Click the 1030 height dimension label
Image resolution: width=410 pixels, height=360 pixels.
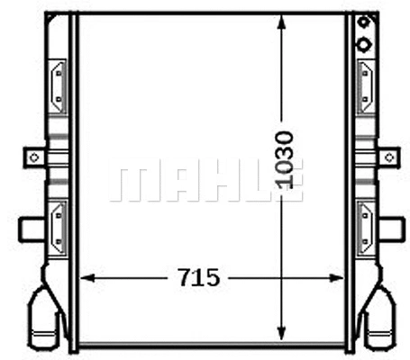pyautogui.click(x=285, y=159)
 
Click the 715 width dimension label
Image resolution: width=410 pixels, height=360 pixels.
pyautogui.click(x=197, y=277)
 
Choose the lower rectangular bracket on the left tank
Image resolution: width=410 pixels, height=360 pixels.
pyautogui.click(x=57, y=224)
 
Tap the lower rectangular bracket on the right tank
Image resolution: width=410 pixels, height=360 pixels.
pyautogui.click(x=367, y=224)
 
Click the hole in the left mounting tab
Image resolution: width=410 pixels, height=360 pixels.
pyautogui.click(x=34, y=157)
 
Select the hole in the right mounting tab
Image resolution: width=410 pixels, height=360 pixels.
pyautogui.click(x=388, y=157)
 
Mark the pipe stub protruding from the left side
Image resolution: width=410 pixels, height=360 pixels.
pyautogui.click(x=31, y=229)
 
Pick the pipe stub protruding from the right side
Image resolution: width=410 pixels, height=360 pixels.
pyautogui.click(x=391, y=229)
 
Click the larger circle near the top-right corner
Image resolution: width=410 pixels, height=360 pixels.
pyautogui.click(x=364, y=44)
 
